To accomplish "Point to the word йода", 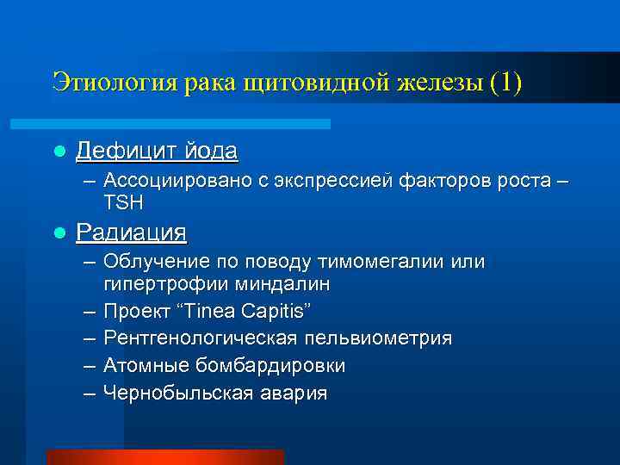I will tap(212, 152).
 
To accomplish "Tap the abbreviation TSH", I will tap(124, 202).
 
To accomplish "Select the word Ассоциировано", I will tap(173, 182).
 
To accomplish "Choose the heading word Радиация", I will tap(131, 232).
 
